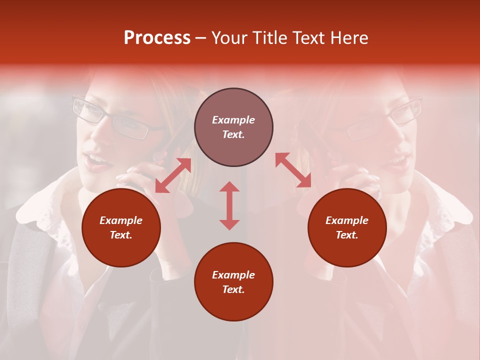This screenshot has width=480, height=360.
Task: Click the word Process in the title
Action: point(157,38)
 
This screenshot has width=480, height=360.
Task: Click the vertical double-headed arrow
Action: point(229,205)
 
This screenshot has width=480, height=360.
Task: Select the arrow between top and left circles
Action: point(173,175)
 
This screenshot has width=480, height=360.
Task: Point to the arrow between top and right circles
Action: point(293,170)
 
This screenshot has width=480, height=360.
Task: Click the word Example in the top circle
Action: point(233,120)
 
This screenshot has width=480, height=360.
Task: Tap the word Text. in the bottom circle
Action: point(233,289)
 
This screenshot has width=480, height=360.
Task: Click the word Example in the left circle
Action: point(121,220)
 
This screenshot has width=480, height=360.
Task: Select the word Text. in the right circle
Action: point(347,235)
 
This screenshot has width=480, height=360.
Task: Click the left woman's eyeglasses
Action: point(112,119)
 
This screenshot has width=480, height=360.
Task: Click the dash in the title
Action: point(201,38)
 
